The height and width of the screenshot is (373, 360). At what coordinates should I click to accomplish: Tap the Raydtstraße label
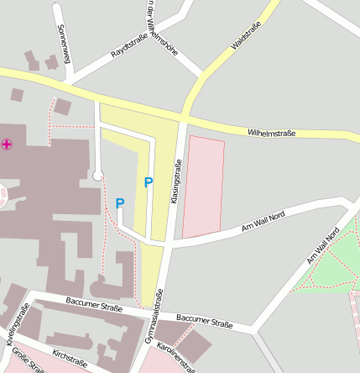coord(129,41)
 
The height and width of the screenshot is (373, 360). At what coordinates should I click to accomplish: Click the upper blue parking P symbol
coord(149,182)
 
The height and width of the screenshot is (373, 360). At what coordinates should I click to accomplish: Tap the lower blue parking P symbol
coord(120,203)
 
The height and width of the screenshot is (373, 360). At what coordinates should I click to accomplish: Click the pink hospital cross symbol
coord(8,145)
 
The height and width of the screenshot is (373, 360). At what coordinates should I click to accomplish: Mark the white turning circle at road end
coord(98,176)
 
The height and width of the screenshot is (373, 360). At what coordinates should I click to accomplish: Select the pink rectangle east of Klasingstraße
coord(203,186)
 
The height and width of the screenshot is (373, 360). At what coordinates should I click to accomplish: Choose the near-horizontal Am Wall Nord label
coord(263,221)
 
